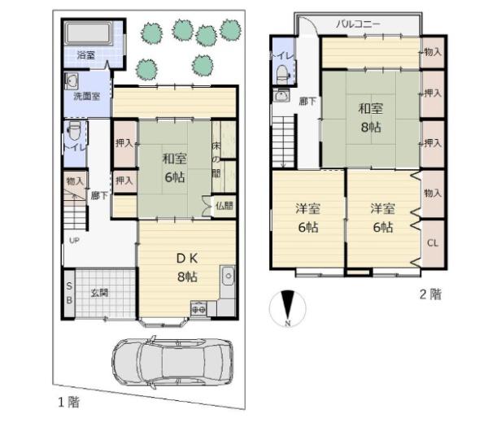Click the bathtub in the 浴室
click(89, 33)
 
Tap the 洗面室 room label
click(87, 96)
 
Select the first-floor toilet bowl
click(74, 131)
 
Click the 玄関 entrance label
click(99, 293)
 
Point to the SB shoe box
click(69, 293)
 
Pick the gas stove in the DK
click(198, 309)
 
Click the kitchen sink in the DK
click(228, 276)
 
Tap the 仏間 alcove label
click(224, 206)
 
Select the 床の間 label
click(216, 160)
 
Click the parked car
click(172, 362)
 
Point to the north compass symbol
click(288, 308)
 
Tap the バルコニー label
click(358, 24)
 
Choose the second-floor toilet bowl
click(282, 73)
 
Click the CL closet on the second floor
click(433, 242)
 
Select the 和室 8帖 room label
click(371, 118)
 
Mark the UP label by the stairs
click(74, 241)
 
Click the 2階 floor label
click(430, 294)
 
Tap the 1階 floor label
click(69, 402)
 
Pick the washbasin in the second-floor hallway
click(281, 95)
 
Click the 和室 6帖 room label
click(175, 168)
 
